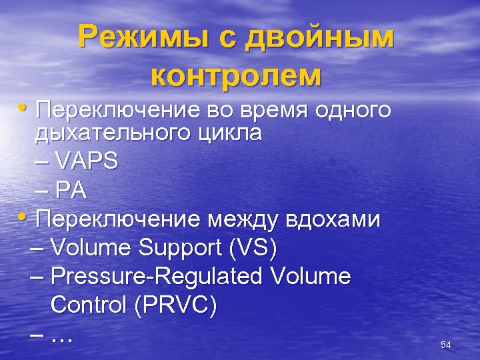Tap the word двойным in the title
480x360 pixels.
pyautogui.click(x=320, y=39)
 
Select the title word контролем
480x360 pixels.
pyautogui.click(x=236, y=75)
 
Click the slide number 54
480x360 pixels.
pyautogui.click(x=446, y=345)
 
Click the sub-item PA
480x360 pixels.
pyautogui.click(x=71, y=191)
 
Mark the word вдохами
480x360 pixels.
pyautogui.click(x=333, y=219)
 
